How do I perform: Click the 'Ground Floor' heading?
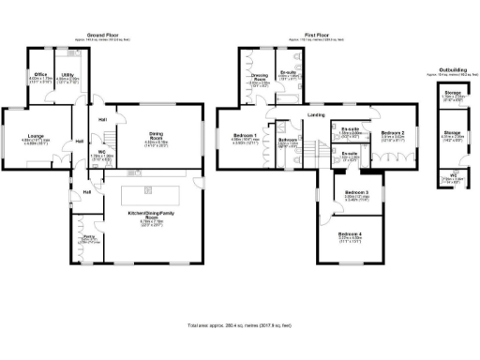click(x=111, y=32)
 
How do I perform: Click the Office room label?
click(x=40, y=73)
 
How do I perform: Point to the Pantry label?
click(x=91, y=238)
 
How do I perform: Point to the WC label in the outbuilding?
click(x=452, y=174)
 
